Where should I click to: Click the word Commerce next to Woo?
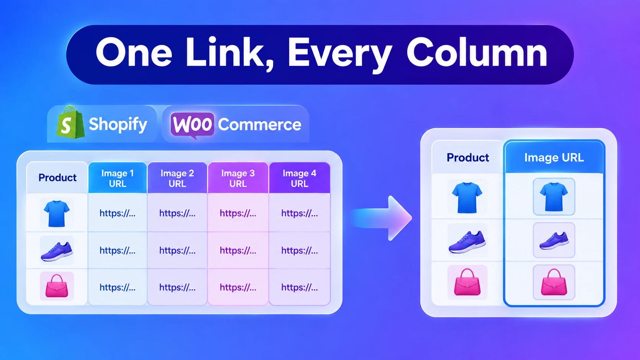[260, 124]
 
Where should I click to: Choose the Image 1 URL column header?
[118, 178]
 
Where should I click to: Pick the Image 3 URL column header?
[238, 178]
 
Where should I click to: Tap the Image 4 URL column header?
[299, 178]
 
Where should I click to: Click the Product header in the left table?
[57, 178]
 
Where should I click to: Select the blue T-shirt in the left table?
[57, 213]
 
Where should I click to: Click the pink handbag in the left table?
[57, 286]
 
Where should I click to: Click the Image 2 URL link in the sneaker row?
[178, 250]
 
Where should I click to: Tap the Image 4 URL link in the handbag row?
[299, 287]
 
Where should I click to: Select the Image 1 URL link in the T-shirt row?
[118, 213]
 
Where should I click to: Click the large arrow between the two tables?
[382, 218]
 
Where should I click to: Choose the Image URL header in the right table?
[554, 157]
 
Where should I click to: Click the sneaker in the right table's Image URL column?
[554, 241]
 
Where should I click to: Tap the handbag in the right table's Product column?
[467, 282]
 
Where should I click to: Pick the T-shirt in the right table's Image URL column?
[554, 197]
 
